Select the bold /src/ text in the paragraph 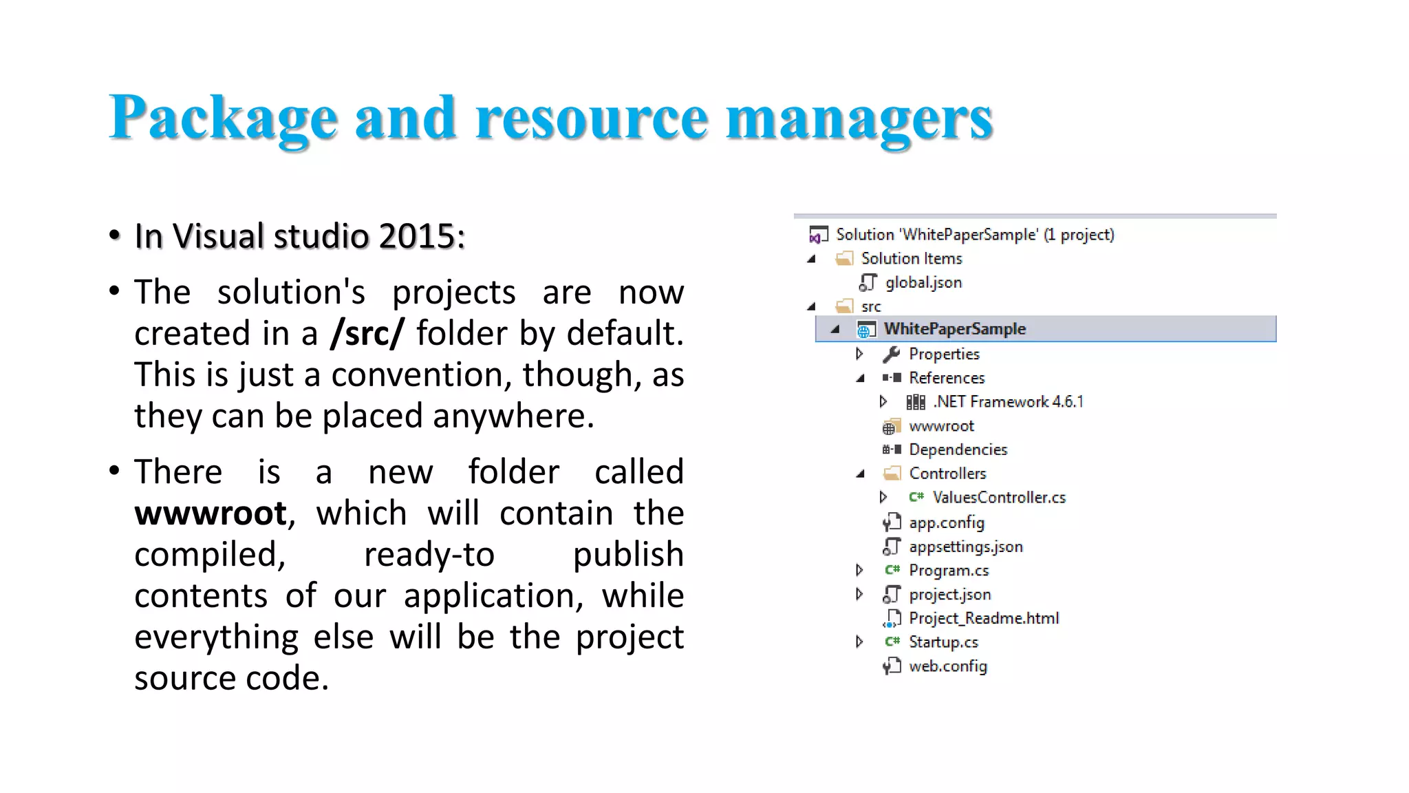point(367,333)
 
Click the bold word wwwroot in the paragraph point(211,514)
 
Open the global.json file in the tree point(923,282)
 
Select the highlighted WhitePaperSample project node point(954,329)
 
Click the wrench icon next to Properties point(892,354)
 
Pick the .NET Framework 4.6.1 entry point(1008,402)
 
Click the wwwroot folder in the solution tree point(940,426)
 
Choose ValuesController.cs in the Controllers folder point(998,498)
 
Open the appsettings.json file point(965,547)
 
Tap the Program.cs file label point(948,571)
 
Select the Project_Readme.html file point(983,618)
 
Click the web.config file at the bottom point(947,666)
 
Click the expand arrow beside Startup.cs point(859,642)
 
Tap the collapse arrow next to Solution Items point(812,259)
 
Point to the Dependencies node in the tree point(958,450)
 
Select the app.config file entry point(946,522)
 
